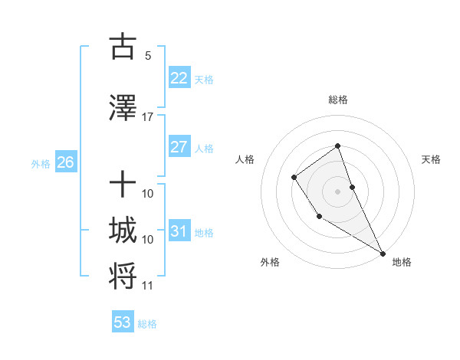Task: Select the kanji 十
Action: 123,185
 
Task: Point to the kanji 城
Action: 123,231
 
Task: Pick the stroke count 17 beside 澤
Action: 148,117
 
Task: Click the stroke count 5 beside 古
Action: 148,55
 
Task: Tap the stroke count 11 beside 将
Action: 148,286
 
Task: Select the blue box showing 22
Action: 179,77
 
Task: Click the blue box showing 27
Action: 179,146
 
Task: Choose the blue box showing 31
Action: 179,231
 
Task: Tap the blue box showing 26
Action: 65,162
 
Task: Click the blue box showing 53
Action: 123,322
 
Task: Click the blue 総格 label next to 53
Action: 147,324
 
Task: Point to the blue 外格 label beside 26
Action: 41,163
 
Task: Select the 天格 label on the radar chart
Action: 431,159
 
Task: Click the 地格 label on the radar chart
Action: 402,262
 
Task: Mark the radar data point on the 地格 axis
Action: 383,253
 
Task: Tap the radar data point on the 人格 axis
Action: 294,178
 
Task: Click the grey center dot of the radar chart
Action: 338,191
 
